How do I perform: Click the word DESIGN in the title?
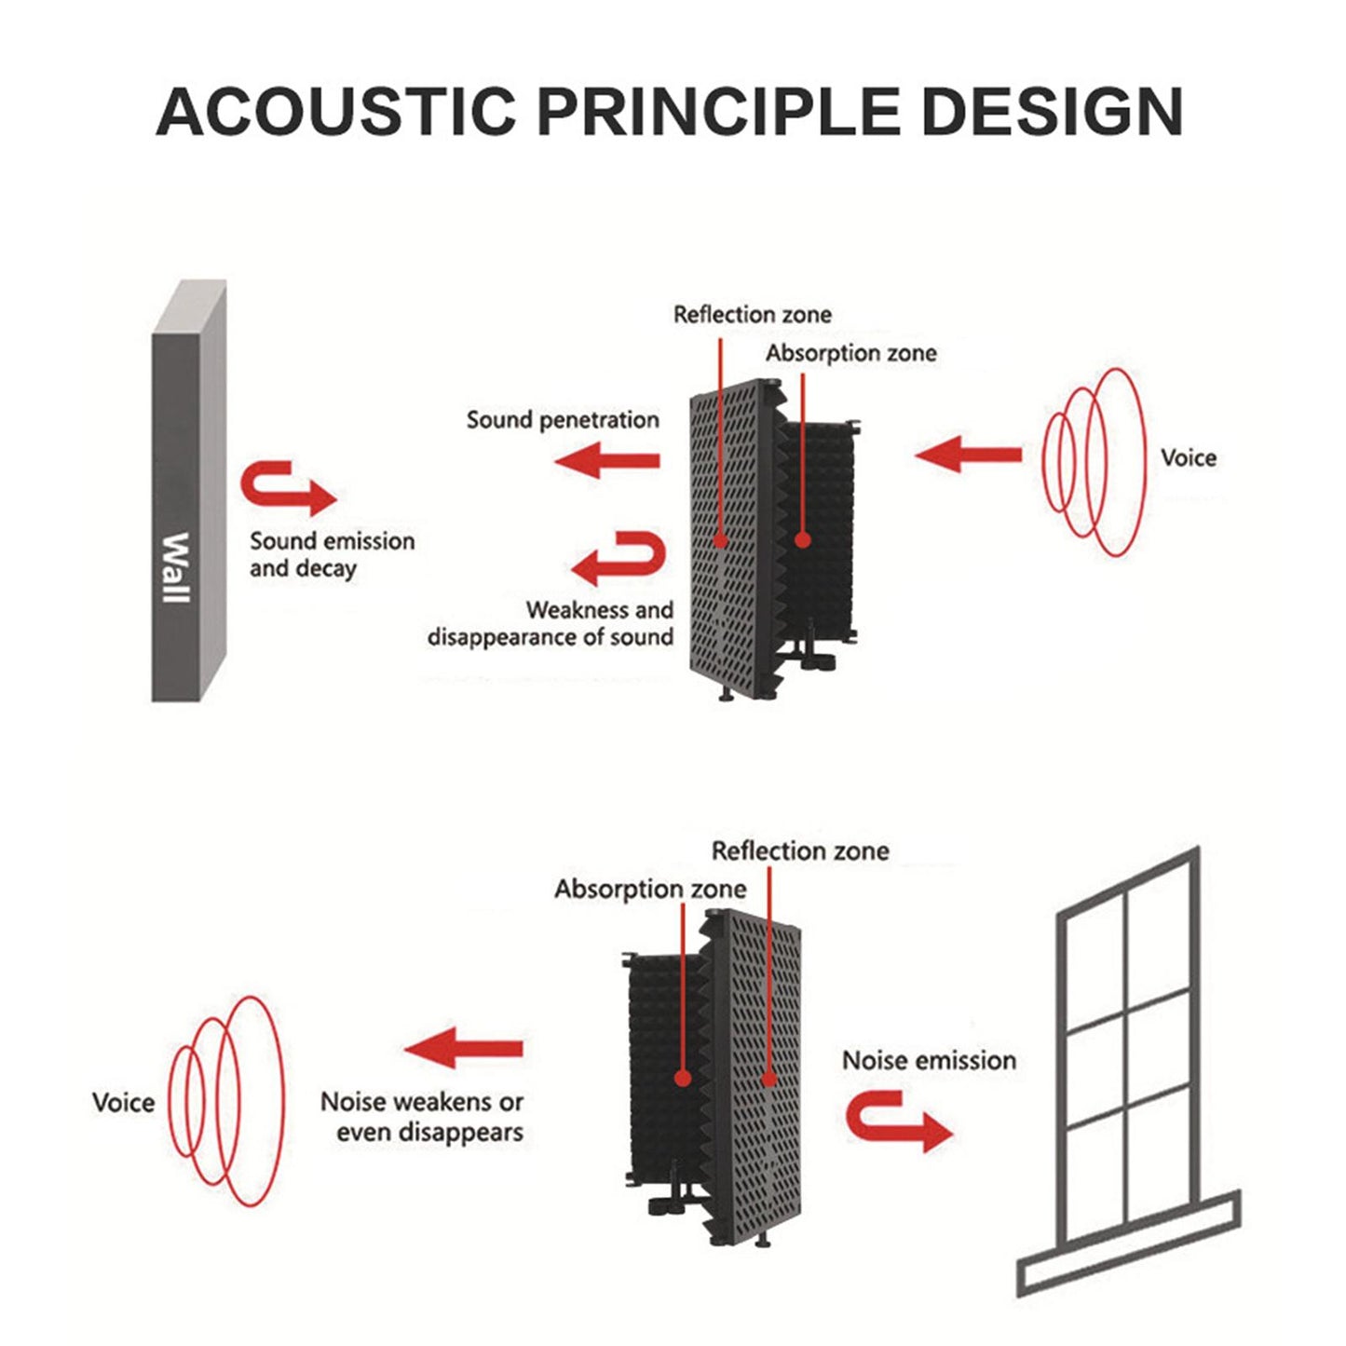tap(1052, 112)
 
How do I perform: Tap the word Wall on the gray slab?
tap(176, 567)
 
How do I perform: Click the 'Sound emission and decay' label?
tap(332, 555)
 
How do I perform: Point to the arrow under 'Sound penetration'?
tap(607, 460)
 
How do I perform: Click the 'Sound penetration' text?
tap(563, 420)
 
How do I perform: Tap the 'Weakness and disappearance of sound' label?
tap(551, 624)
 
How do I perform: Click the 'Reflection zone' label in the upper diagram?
tap(752, 315)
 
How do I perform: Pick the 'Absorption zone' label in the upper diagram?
tap(850, 353)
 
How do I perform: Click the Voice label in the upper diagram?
tap(1188, 457)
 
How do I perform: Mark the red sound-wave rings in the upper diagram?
tap(1094, 462)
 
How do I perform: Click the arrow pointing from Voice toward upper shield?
tap(968, 455)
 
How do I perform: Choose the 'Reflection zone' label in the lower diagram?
tap(799, 850)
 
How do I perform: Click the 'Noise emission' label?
tap(929, 1060)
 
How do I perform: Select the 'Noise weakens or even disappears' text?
tap(422, 1117)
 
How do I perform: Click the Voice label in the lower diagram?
tap(123, 1103)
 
